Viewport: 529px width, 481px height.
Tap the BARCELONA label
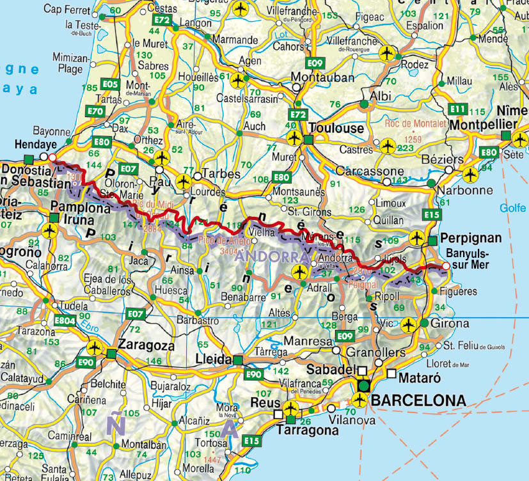coord(418,400)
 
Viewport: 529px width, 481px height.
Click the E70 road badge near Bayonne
coord(97,111)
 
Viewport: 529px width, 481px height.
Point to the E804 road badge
coord(65,320)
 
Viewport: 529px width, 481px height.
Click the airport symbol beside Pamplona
coord(53,230)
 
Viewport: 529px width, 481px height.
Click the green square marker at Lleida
coord(237,359)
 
